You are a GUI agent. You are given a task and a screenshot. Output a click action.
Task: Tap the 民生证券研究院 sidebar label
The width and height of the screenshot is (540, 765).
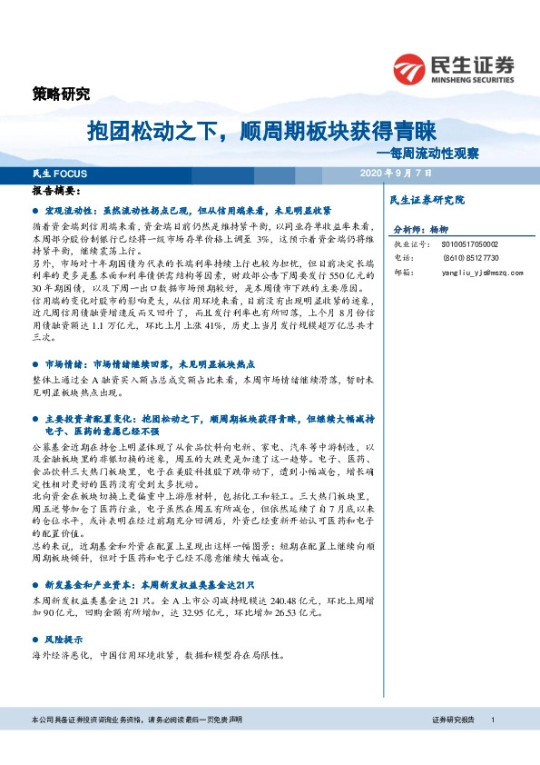pyautogui.click(x=427, y=199)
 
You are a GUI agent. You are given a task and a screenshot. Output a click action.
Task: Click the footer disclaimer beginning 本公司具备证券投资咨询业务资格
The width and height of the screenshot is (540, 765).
pyautogui.click(x=135, y=719)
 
